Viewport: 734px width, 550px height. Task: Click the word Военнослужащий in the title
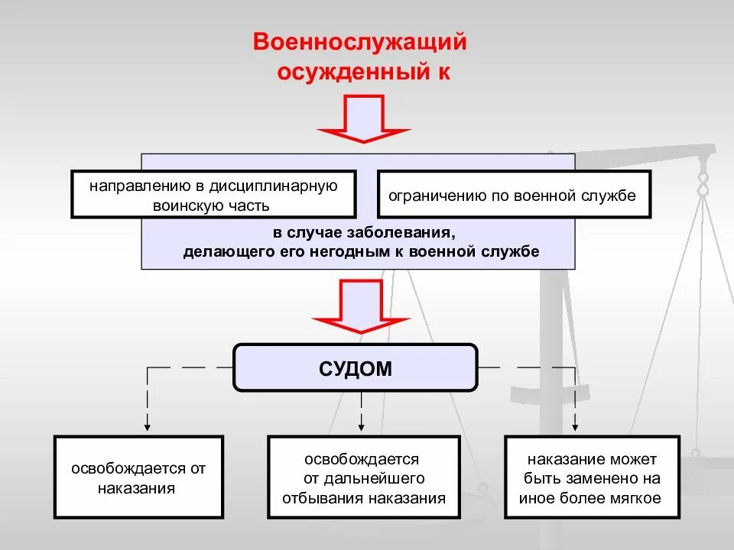360,43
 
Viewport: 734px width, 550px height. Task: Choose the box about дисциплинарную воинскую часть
213,195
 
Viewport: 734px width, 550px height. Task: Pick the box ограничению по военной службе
512,195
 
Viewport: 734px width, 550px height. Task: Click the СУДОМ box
355,368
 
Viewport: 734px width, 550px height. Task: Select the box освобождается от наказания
138,478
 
